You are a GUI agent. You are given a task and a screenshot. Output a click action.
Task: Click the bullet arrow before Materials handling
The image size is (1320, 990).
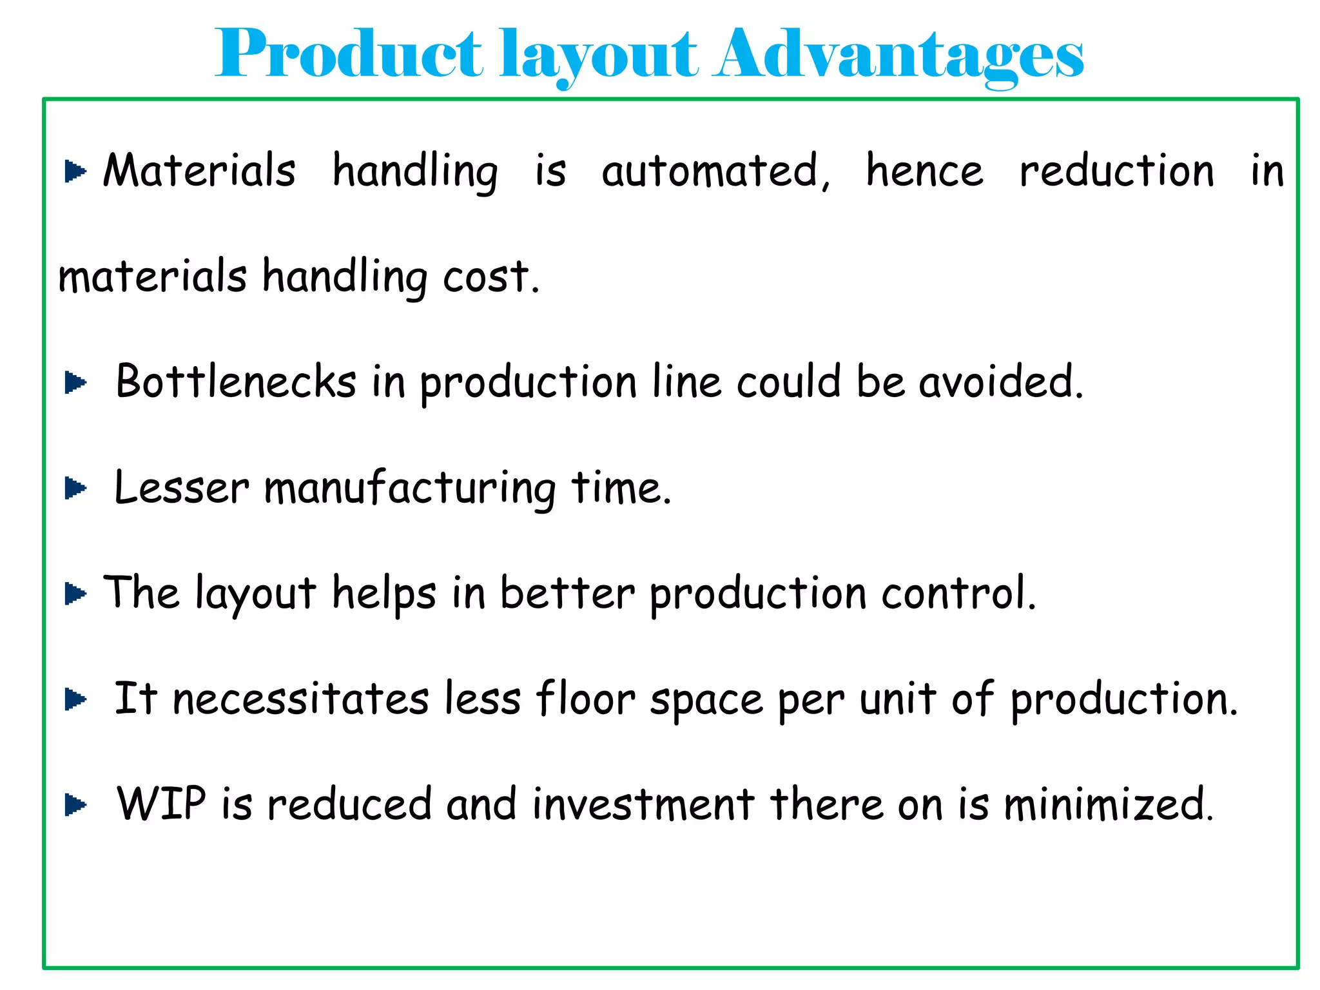click(75, 171)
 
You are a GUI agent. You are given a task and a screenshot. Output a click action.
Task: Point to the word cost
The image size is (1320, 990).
click(490, 277)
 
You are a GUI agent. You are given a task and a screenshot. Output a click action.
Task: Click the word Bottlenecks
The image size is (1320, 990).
click(236, 382)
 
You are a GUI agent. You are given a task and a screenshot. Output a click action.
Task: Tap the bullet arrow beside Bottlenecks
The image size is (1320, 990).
click(75, 383)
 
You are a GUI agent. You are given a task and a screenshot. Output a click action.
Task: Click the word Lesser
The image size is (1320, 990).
click(181, 488)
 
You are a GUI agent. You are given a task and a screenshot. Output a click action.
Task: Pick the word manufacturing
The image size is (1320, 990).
click(410, 488)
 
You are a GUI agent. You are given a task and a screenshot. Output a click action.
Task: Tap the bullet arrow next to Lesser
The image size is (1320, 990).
click(75, 489)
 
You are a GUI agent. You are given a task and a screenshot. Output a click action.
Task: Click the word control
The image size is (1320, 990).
click(958, 593)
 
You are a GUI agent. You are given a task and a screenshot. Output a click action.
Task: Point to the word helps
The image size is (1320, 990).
click(383, 593)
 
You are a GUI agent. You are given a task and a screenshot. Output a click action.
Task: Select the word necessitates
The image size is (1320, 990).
click(300, 699)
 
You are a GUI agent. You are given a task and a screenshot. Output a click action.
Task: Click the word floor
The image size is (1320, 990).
click(585, 699)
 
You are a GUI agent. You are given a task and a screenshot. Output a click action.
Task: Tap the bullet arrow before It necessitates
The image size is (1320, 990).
click(75, 699)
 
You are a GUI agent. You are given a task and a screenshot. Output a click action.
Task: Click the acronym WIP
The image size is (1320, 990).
click(161, 804)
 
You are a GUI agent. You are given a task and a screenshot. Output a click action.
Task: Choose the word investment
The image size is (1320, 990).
click(643, 804)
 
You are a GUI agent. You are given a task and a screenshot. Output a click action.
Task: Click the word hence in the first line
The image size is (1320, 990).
click(924, 171)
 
